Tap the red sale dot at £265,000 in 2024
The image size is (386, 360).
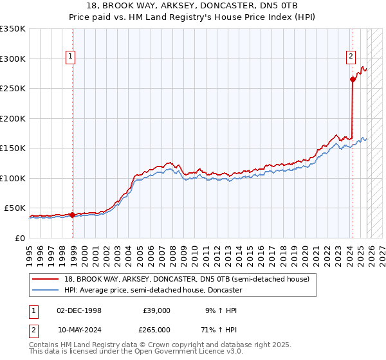[353, 79]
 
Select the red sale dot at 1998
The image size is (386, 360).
[72, 215]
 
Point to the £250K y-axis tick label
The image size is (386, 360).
[13, 88]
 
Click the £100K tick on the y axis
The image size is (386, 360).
[13, 178]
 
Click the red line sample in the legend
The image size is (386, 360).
[46, 280]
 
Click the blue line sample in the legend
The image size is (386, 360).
[46, 291]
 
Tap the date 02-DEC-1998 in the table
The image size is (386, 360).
[79, 310]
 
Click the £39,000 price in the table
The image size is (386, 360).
[156, 310]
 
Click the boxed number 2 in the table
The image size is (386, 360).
[33, 329]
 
